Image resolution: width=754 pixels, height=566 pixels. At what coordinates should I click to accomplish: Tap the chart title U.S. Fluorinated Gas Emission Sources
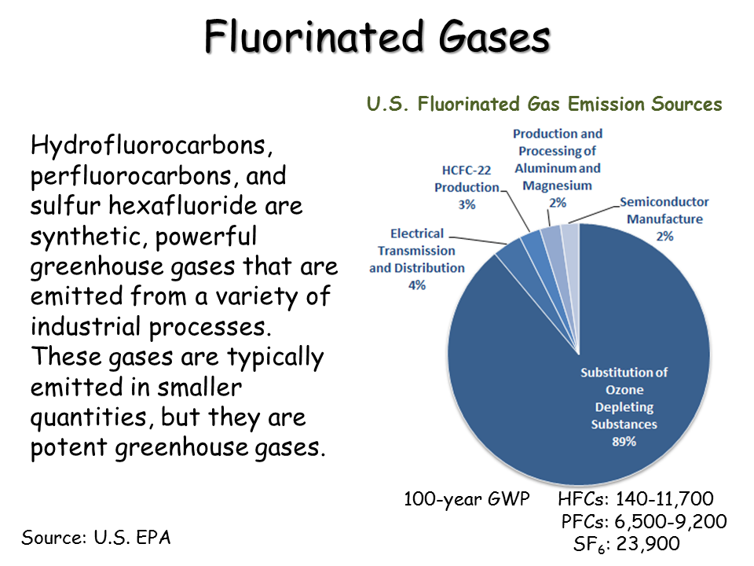(x=544, y=105)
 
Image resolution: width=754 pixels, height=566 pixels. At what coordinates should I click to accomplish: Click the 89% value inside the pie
(x=624, y=441)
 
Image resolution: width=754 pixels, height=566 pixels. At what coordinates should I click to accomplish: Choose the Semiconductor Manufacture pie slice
(x=570, y=241)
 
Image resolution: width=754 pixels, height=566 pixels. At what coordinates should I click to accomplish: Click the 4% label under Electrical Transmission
(x=417, y=285)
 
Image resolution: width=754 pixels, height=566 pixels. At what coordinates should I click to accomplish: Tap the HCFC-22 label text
(x=467, y=171)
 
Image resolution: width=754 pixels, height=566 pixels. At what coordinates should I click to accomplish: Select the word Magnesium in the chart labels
(x=558, y=186)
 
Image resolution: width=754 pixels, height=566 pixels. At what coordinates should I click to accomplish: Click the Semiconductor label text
(x=664, y=202)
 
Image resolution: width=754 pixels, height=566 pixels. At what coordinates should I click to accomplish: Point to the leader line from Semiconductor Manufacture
(x=594, y=215)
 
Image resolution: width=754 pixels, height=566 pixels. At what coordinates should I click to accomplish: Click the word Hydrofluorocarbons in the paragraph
(x=148, y=145)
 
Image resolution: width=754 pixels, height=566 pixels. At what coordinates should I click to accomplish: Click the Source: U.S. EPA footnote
(x=96, y=538)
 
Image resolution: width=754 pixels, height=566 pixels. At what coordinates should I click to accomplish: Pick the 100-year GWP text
(x=467, y=500)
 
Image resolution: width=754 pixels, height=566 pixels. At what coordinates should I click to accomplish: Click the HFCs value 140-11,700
(x=664, y=499)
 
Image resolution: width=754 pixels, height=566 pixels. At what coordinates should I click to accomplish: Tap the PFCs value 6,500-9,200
(x=670, y=522)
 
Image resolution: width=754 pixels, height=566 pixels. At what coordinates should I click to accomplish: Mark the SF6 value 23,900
(x=648, y=544)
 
